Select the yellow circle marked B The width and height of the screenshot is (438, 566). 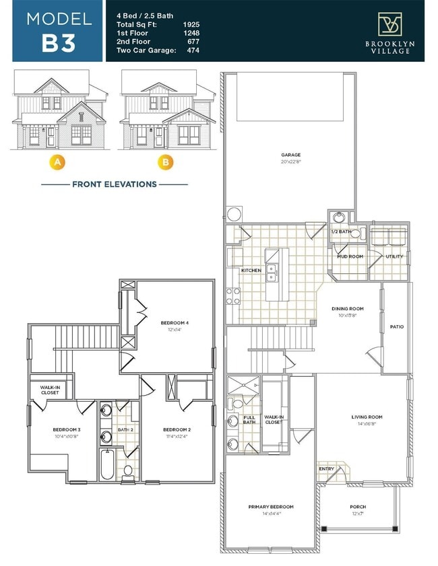coord(164,162)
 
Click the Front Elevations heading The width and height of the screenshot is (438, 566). coord(115,184)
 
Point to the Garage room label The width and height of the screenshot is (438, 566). coord(291,155)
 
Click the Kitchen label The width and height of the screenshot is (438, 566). coord(251,271)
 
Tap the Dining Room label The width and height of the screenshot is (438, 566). coord(347,309)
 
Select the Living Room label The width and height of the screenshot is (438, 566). coord(367,417)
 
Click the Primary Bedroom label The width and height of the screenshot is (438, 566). coord(270,507)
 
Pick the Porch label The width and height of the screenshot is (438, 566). coord(358,507)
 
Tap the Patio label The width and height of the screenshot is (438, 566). coord(397,327)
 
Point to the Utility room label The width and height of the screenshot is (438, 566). coord(394,256)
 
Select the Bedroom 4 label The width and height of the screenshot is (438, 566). coord(175,323)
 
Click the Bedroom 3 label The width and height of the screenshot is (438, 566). coord(67,429)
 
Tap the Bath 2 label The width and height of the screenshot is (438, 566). coord(125,429)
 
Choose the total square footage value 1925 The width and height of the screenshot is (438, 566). coord(191,24)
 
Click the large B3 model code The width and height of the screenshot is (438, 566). coord(59,42)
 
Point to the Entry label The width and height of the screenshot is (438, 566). coord(327,469)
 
